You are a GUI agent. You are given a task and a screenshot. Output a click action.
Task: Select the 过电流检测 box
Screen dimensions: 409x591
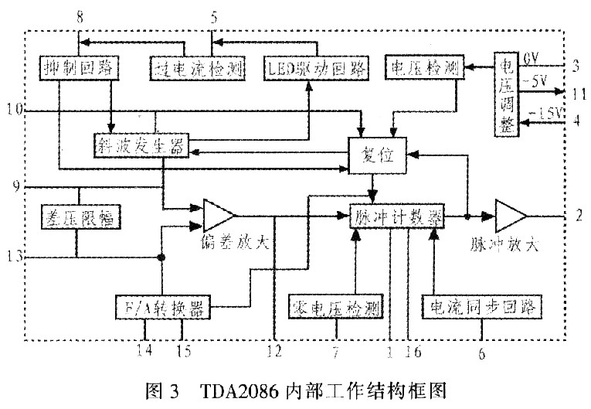point(198,69)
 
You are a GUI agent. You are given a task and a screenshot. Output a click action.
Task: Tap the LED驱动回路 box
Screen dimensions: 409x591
point(308,68)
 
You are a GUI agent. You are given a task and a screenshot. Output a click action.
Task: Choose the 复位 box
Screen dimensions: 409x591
point(376,155)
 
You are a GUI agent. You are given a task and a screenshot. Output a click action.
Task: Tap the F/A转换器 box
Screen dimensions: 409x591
point(161,308)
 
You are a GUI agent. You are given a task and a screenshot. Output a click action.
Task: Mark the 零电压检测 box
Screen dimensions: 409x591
point(337,308)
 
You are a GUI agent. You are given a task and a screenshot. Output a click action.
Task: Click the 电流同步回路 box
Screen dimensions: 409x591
point(481,307)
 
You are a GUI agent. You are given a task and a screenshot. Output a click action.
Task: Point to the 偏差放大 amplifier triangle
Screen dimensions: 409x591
point(217,216)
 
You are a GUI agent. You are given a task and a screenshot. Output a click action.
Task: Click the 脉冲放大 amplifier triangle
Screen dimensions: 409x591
point(511,217)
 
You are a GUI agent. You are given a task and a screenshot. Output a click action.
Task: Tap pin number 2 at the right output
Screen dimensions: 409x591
point(578,216)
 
